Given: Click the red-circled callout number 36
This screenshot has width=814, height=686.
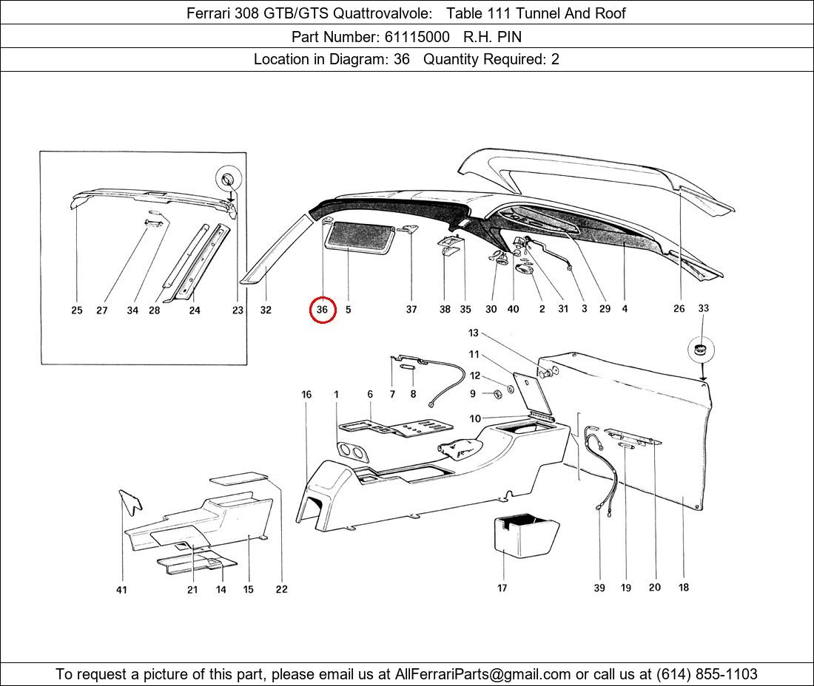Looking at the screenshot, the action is click(x=323, y=310).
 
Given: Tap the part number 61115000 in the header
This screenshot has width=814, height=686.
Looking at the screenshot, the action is click(x=417, y=37).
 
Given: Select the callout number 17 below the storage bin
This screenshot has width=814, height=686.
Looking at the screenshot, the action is click(x=502, y=588).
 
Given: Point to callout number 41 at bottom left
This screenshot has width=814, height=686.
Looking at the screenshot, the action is click(x=121, y=590).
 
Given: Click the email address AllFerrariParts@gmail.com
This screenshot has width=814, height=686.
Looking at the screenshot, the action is click(x=482, y=674).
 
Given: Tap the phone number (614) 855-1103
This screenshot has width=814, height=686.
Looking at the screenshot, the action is click(x=707, y=674).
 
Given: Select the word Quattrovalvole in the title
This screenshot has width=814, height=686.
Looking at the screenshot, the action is click(x=382, y=13).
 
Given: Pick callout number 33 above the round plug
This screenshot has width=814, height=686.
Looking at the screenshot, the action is click(x=703, y=308).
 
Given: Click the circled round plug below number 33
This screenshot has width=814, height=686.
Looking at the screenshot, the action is click(x=702, y=350).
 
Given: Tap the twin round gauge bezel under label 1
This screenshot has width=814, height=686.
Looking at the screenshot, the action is click(x=352, y=452).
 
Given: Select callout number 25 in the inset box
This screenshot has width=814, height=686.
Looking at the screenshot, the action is click(x=77, y=310).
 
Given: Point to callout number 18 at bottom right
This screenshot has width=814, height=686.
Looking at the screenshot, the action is click(x=684, y=587).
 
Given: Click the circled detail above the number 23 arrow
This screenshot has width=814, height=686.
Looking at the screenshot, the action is click(x=229, y=180).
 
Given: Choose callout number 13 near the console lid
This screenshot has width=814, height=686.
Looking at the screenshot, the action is click(x=474, y=333).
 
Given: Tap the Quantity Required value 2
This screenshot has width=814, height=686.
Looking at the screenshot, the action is click(x=555, y=59).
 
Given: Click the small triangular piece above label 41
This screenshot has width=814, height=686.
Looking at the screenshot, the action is click(x=131, y=501).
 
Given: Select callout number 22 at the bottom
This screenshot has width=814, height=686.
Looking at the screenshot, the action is click(x=281, y=589).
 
